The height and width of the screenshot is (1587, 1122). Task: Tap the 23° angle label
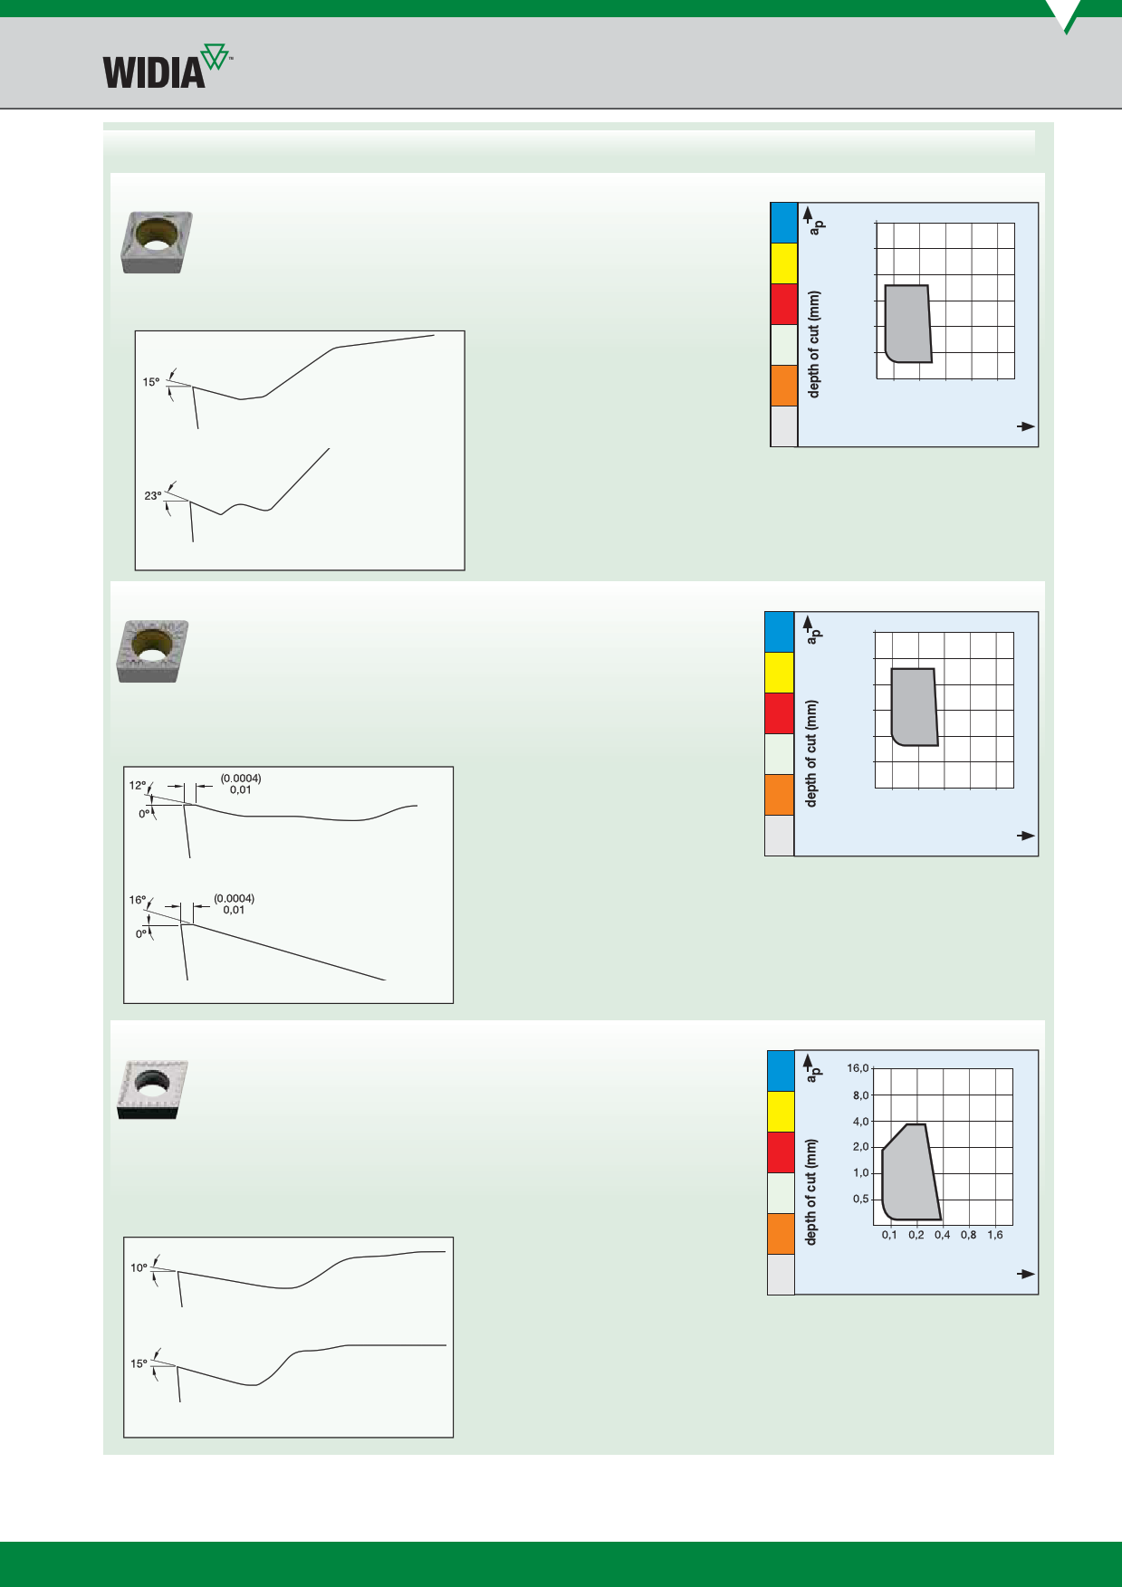point(153,496)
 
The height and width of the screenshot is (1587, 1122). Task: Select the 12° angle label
point(137,786)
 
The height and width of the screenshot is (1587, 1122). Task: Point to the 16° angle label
point(137,900)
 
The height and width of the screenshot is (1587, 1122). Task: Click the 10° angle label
point(139,1268)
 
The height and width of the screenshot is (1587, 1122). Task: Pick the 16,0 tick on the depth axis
point(858,1068)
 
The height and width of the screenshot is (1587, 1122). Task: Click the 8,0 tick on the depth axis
point(860,1095)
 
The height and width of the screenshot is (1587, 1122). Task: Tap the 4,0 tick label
point(860,1122)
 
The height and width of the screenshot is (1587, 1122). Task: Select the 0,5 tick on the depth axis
point(860,1200)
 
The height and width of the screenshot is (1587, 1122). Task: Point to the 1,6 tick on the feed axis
point(995,1235)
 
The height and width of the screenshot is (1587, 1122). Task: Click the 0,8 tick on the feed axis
point(969,1235)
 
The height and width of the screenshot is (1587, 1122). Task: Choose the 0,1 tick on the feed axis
point(890,1235)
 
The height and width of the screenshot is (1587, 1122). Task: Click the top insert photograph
point(157,242)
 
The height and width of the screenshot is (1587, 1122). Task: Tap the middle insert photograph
point(152,651)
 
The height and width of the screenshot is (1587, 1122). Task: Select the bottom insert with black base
point(152,1090)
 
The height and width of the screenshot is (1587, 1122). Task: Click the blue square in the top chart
point(783,223)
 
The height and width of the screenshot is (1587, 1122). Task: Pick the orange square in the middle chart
point(780,795)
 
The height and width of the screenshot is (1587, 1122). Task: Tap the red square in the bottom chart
point(781,1152)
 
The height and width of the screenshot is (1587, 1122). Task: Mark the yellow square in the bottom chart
point(781,1112)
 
